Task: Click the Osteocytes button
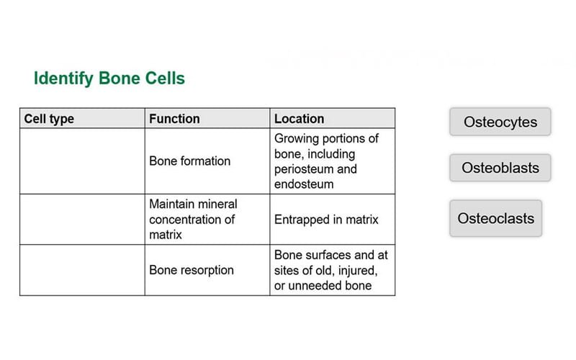click(500, 122)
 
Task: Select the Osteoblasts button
click(500, 168)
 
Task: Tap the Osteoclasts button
click(495, 218)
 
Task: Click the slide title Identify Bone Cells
click(109, 78)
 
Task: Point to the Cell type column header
click(49, 119)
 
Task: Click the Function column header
click(174, 119)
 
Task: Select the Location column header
click(299, 119)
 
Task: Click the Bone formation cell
click(189, 161)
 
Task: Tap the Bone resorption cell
click(191, 270)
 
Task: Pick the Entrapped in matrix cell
click(325, 220)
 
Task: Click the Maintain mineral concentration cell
click(193, 220)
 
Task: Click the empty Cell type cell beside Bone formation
click(82, 161)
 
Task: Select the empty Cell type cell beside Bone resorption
click(82, 270)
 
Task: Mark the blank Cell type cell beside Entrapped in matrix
click(82, 220)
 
